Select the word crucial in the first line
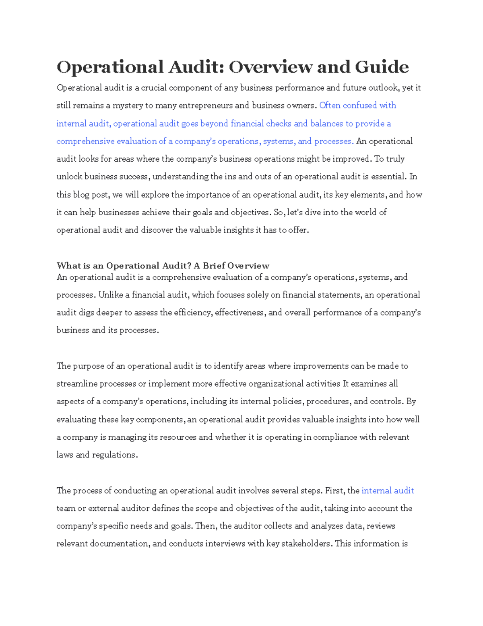point(153,88)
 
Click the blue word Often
point(330,106)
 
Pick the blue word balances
point(326,123)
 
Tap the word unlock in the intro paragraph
point(69,177)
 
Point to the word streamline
point(77,384)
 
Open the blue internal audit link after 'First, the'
point(387,491)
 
